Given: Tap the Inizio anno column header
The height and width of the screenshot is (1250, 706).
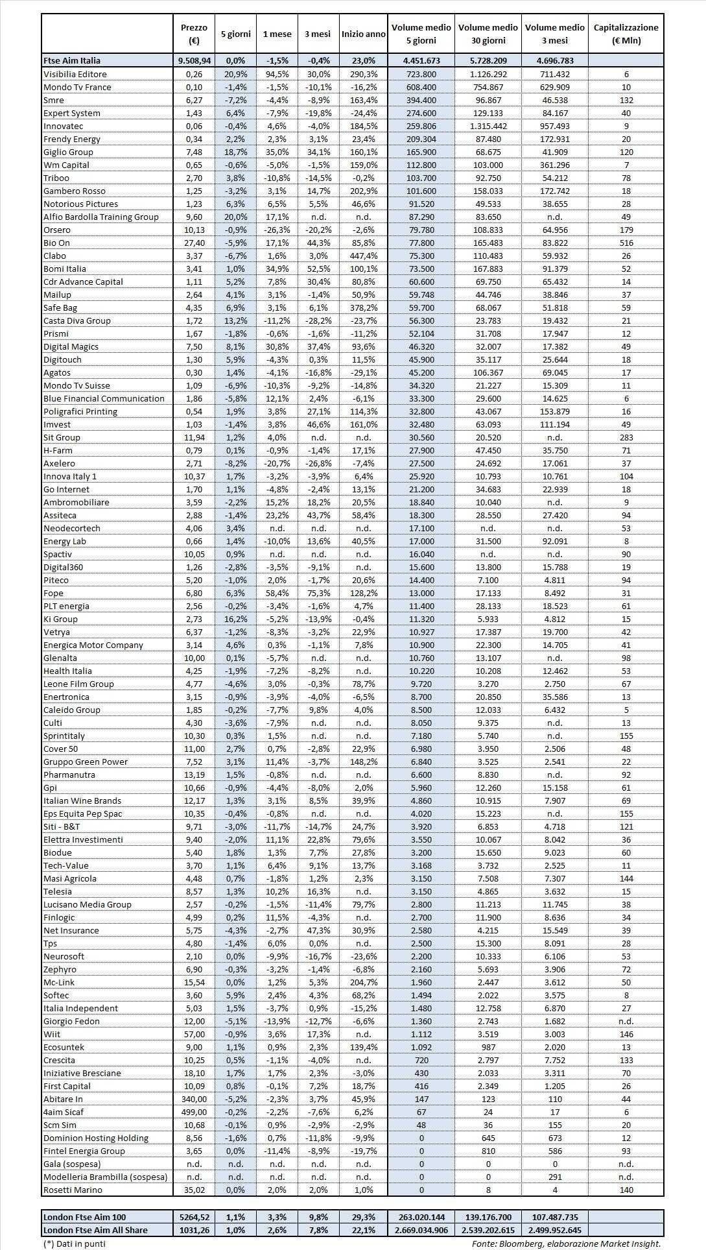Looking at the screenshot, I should pyautogui.click(x=363, y=34).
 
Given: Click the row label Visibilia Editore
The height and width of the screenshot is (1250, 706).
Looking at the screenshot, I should pyautogui.click(x=75, y=74).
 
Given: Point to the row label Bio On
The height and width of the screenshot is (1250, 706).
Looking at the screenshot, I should pyautogui.click(x=56, y=243).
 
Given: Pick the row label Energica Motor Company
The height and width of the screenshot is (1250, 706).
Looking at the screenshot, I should pyautogui.click(x=93, y=645).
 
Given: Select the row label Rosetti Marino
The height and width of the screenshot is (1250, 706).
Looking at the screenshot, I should pyautogui.click(x=73, y=1190).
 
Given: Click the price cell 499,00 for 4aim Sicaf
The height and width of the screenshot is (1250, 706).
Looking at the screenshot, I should pyautogui.click(x=194, y=1112).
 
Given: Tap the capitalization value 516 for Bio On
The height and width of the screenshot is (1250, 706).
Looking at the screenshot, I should pyautogui.click(x=626, y=243).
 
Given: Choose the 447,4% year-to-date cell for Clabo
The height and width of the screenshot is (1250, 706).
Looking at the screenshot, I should pyautogui.click(x=363, y=256).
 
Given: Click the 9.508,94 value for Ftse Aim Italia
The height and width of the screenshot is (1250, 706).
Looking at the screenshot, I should pyautogui.click(x=194, y=60).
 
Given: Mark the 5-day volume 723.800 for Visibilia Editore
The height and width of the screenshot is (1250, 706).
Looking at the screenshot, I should pyautogui.click(x=421, y=74).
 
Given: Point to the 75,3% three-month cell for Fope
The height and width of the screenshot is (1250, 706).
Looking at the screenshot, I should pyautogui.click(x=318, y=593).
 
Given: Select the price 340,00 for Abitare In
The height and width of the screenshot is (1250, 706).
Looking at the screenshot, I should pyautogui.click(x=194, y=1099).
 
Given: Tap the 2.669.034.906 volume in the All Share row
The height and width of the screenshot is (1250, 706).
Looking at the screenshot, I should pyautogui.click(x=421, y=1230).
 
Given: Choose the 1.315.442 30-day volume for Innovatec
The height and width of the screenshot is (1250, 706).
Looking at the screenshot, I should pyautogui.click(x=488, y=126).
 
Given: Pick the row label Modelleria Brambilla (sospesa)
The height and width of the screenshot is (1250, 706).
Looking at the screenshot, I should pyautogui.click(x=105, y=1177).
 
